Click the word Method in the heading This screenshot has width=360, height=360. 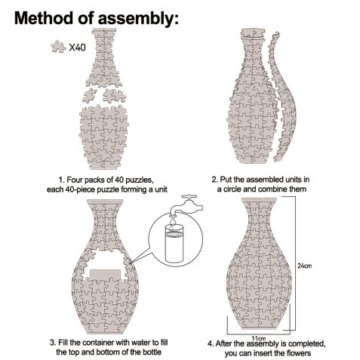pyautogui.click(x=44, y=17)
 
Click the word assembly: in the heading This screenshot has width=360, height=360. pyautogui.click(x=138, y=19)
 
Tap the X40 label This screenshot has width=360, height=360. pyautogui.click(x=77, y=48)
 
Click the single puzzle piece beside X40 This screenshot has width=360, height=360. pyautogui.click(x=58, y=47)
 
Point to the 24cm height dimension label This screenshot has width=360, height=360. pyautogui.click(x=304, y=266)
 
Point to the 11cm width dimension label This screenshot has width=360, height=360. pyautogui.click(x=259, y=338)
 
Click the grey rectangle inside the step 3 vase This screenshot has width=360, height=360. pyautogui.click(x=105, y=275)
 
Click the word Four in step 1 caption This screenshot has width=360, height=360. pyautogui.click(x=75, y=180)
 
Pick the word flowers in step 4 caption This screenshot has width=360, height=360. pyautogui.click(x=298, y=353)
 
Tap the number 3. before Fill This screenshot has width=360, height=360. pyautogui.click(x=53, y=343)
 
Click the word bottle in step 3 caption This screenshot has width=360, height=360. pyautogui.click(x=152, y=352)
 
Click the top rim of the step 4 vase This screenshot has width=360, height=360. pyautogui.click(x=259, y=199)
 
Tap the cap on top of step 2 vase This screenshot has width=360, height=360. pyautogui.click(x=253, y=34)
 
